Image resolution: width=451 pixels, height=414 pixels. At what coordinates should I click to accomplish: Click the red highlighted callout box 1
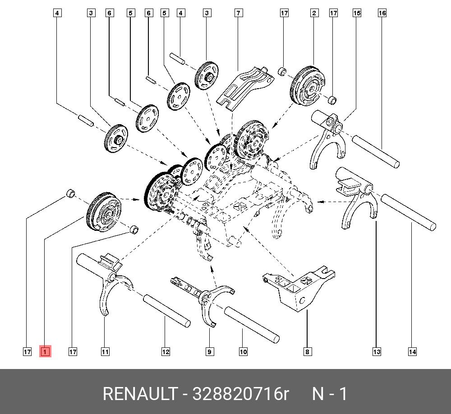[45, 351]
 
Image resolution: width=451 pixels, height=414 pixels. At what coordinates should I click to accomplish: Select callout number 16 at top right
[382, 13]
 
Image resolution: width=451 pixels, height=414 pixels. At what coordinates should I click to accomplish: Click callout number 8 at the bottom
[307, 351]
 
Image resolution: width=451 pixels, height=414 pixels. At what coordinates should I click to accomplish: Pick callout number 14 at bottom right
[412, 351]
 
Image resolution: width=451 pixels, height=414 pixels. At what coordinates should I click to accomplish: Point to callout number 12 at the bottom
[166, 351]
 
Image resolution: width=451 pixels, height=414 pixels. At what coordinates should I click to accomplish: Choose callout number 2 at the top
[314, 13]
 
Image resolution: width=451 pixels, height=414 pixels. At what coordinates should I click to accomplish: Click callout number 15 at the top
[357, 13]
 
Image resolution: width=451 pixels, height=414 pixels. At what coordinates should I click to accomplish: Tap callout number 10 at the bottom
[243, 351]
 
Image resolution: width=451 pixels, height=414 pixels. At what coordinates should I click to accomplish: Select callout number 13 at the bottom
[377, 351]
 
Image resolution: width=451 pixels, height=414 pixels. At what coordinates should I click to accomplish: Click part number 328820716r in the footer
[240, 394]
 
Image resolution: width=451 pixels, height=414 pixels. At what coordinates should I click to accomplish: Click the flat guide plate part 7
[244, 85]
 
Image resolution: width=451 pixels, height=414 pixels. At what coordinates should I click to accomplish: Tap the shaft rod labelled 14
[408, 211]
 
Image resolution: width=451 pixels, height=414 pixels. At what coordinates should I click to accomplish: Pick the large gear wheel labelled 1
[104, 211]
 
